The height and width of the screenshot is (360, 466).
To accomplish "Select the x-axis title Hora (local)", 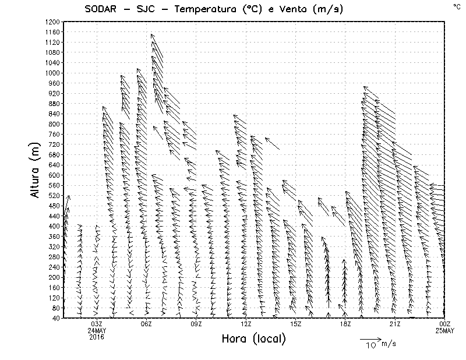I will click(x=253, y=338).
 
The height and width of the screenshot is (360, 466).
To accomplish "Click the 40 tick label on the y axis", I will click(x=56, y=318).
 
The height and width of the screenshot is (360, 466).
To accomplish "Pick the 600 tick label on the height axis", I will click(x=54, y=175).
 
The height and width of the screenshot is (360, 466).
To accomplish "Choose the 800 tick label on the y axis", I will click(x=54, y=123).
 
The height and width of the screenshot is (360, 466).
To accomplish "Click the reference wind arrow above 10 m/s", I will click(x=370, y=338).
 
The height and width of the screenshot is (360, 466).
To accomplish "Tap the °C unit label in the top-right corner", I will click(x=456, y=6).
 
